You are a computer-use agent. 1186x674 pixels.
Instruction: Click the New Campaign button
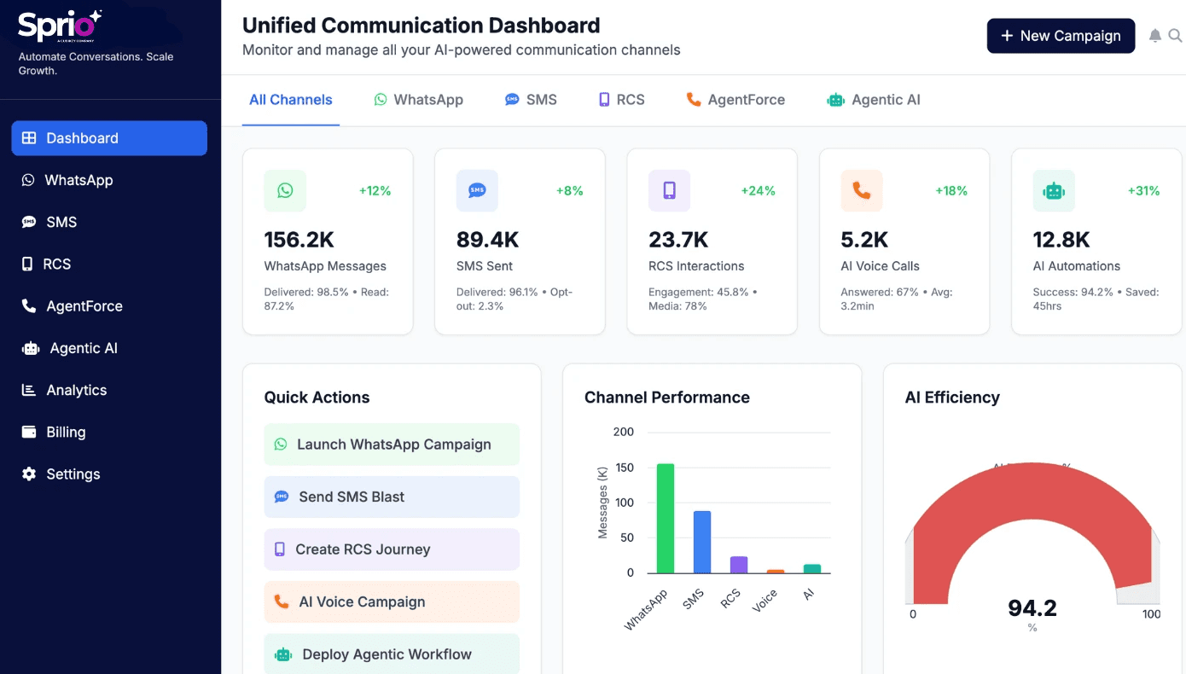pyautogui.click(x=1061, y=36)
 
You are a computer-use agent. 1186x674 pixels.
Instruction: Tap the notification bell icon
pyautogui.click(x=1155, y=36)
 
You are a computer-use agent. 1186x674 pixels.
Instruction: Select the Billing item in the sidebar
pyautogui.click(x=66, y=432)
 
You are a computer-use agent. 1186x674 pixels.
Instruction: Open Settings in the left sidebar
pyautogui.click(x=73, y=474)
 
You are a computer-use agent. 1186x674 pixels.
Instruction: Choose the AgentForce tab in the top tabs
pyautogui.click(x=735, y=100)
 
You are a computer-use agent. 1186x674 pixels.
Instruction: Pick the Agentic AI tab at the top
pyautogui.click(x=874, y=100)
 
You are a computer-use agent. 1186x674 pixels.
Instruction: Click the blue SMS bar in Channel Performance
pyautogui.click(x=701, y=542)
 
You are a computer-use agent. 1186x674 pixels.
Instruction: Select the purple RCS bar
pyautogui.click(x=738, y=565)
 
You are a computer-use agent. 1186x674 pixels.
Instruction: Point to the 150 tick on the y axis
pyautogui.click(x=624, y=468)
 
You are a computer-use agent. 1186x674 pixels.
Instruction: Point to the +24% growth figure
pyautogui.click(x=758, y=191)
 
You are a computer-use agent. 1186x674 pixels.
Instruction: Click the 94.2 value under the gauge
pyautogui.click(x=1032, y=607)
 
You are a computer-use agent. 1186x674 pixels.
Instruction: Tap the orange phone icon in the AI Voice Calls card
pyautogui.click(x=862, y=191)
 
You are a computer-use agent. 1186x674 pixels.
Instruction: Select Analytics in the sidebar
pyautogui.click(x=76, y=390)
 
